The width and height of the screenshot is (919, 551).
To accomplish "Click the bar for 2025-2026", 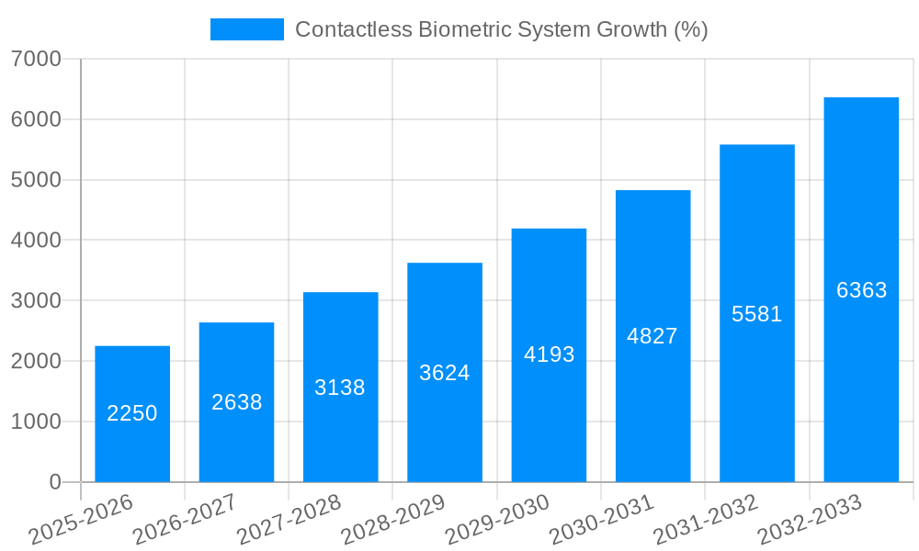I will click(x=132, y=413).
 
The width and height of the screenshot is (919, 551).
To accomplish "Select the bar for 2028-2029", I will click(x=445, y=372).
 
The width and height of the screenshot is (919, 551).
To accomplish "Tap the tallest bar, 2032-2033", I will click(x=861, y=289).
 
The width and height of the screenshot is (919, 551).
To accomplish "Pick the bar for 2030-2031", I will click(x=652, y=335).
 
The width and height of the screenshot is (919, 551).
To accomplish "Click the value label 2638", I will click(x=236, y=402).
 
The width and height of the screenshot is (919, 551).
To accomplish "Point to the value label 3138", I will click(x=340, y=388).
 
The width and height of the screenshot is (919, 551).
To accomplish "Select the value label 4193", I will click(x=549, y=354).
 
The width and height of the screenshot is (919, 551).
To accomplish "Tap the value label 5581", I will click(x=756, y=314).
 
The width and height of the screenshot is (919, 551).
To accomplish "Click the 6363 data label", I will click(x=861, y=290).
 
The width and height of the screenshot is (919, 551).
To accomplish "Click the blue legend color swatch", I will click(x=246, y=29).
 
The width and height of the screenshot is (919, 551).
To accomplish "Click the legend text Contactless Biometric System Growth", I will click(x=501, y=29).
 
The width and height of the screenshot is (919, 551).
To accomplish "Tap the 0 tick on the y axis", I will click(x=54, y=482).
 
